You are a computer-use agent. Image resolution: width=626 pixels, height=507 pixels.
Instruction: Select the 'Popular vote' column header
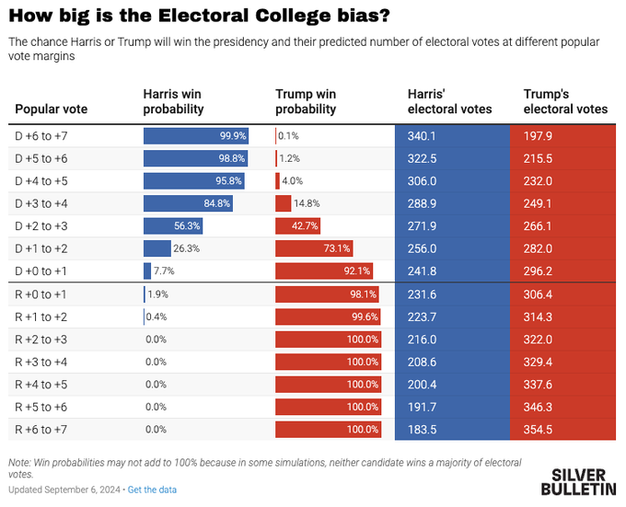point(52,109)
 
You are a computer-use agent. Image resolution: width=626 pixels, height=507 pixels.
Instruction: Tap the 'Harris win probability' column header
point(172,101)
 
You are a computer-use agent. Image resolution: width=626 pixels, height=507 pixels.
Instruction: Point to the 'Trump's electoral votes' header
point(565,101)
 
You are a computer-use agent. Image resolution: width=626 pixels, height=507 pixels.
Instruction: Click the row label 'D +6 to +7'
point(41,135)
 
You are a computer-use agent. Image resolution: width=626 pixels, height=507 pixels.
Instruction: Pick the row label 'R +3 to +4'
point(41,362)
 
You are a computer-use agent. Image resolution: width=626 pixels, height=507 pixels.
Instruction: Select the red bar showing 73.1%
point(314,248)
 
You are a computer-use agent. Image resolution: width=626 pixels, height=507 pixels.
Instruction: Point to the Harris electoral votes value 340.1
point(422,135)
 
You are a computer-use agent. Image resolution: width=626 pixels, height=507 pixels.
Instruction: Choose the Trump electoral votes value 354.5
point(538,429)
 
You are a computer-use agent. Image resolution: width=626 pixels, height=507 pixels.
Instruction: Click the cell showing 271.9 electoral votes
point(422,225)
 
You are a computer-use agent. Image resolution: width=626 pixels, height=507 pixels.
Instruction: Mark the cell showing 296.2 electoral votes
point(538,271)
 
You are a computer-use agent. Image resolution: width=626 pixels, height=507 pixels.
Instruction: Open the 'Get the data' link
point(152,489)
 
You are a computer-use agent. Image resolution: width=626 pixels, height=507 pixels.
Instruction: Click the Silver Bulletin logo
point(583,481)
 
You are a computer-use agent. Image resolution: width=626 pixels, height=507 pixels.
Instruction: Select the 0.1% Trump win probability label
point(287,135)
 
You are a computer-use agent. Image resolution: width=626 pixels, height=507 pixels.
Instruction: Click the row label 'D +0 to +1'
point(41,271)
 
